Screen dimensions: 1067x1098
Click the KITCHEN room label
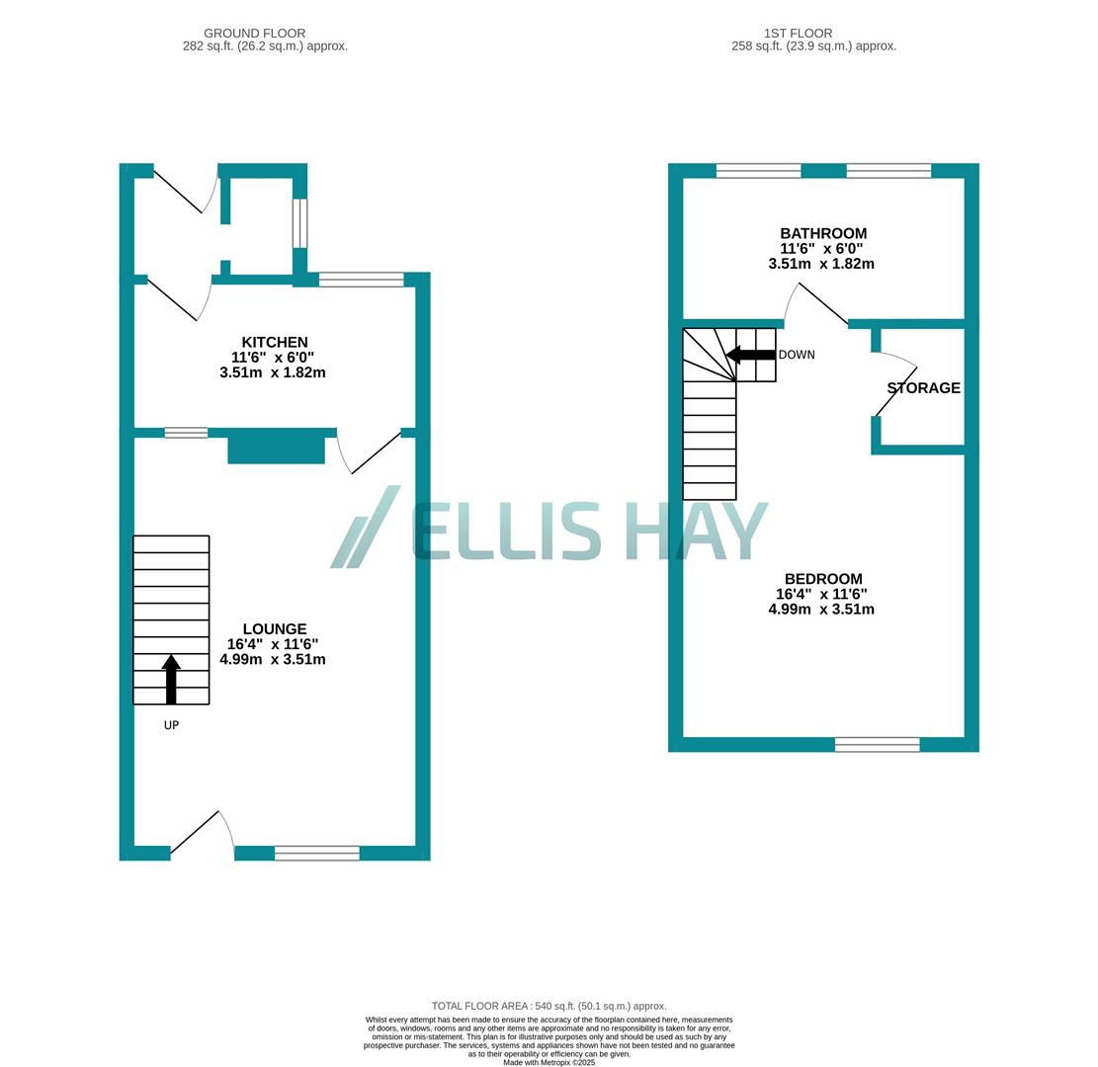(x=275, y=343)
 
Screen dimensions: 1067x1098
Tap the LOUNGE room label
(x=275, y=629)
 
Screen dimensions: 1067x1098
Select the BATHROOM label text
(x=823, y=234)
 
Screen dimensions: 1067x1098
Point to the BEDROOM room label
(x=823, y=579)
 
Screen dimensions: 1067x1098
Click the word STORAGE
(x=923, y=388)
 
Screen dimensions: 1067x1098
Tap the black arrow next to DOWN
(x=750, y=355)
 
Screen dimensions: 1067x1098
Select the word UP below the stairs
(x=171, y=725)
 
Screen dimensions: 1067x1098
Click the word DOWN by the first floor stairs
(x=797, y=355)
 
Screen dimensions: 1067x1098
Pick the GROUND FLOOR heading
(x=254, y=34)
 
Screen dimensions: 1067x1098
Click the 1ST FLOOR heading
(x=798, y=34)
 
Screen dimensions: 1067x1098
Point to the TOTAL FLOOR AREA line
(x=549, y=1006)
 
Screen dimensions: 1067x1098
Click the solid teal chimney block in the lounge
(x=276, y=450)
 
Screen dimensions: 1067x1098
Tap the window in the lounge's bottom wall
(x=317, y=854)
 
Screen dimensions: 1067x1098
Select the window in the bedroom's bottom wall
(x=877, y=745)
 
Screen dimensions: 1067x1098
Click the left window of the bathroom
(x=758, y=171)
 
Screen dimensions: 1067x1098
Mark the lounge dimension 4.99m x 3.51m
(x=273, y=659)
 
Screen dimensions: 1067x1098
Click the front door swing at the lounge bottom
(x=203, y=833)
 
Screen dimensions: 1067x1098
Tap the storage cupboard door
(x=896, y=385)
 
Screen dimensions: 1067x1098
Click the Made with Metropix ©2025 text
(x=549, y=1062)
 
